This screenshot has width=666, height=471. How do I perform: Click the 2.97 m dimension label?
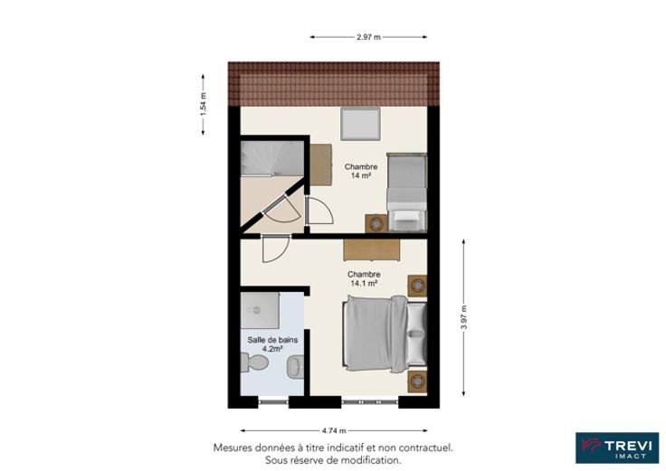tap(368, 37)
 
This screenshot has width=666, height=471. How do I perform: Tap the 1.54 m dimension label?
tap(203, 104)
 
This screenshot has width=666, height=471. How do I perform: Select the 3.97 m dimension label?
tap(464, 317)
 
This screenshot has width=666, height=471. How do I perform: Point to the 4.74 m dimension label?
tap(334, 430)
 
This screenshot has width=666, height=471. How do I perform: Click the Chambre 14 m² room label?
tap(361, 171)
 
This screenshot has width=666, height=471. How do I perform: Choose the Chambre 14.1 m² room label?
tap(364, 278)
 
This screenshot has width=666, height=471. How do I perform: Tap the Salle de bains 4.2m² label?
tap(272, 344)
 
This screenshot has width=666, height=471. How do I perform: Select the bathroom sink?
tap(295, 367)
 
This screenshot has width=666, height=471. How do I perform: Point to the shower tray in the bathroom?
tap(260, 310)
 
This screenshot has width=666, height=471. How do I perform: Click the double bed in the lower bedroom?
tap(385, 334)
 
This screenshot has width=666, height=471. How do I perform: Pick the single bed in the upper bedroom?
tap(406, 192)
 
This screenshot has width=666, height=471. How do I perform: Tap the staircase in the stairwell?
tap(272, 158)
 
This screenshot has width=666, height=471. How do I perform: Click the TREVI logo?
tap(617, 448)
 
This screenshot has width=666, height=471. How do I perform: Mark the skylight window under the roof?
tap(360, 124)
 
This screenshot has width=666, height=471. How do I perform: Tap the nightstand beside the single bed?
tap(376, 223)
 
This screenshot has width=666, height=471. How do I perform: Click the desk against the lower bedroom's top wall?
tap(372, 250)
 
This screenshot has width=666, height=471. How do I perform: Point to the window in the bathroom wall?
tap(273, 401)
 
